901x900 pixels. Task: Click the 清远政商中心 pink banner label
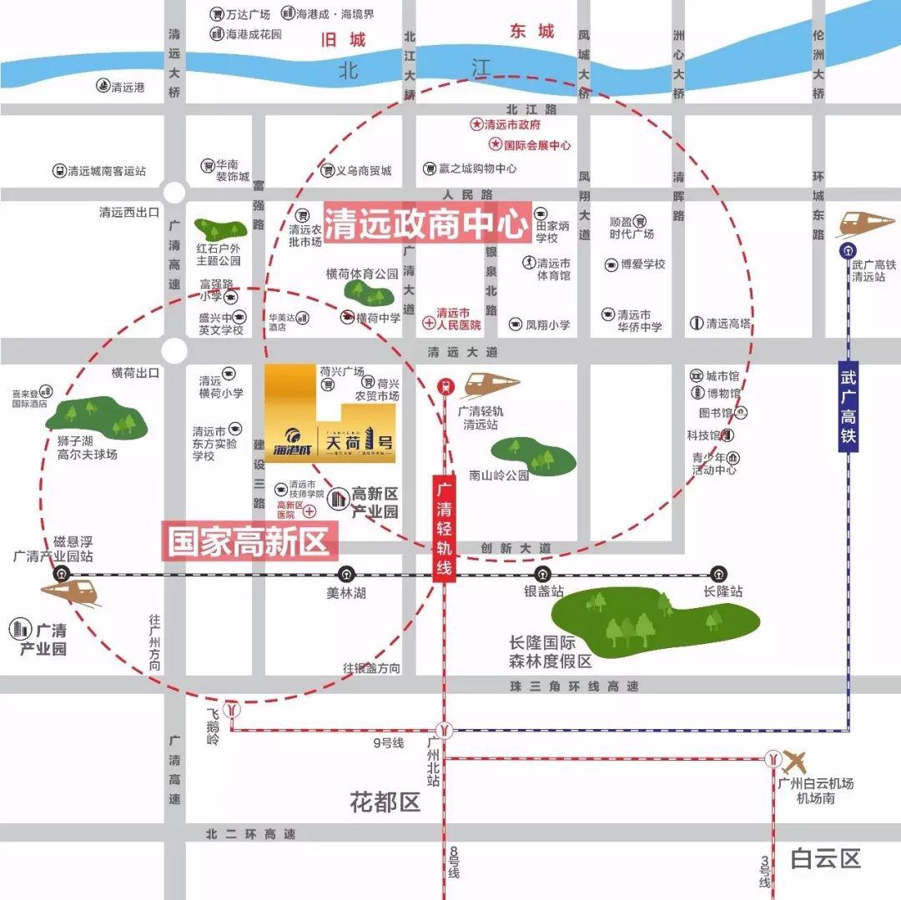coord(427,223)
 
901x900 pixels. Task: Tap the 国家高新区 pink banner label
coord(249,541)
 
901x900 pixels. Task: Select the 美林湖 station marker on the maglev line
coord(346,574)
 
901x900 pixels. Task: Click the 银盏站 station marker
coord(543,574)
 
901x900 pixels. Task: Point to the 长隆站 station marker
coord(718,574)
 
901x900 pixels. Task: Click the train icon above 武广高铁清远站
coord(865,224)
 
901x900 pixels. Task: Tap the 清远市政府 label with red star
coord(506,124)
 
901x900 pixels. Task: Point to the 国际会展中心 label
coord(531,144)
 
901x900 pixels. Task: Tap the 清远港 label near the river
coord(121,86)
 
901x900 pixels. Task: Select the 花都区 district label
coord(385,803)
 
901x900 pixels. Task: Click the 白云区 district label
coord(826,858)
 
